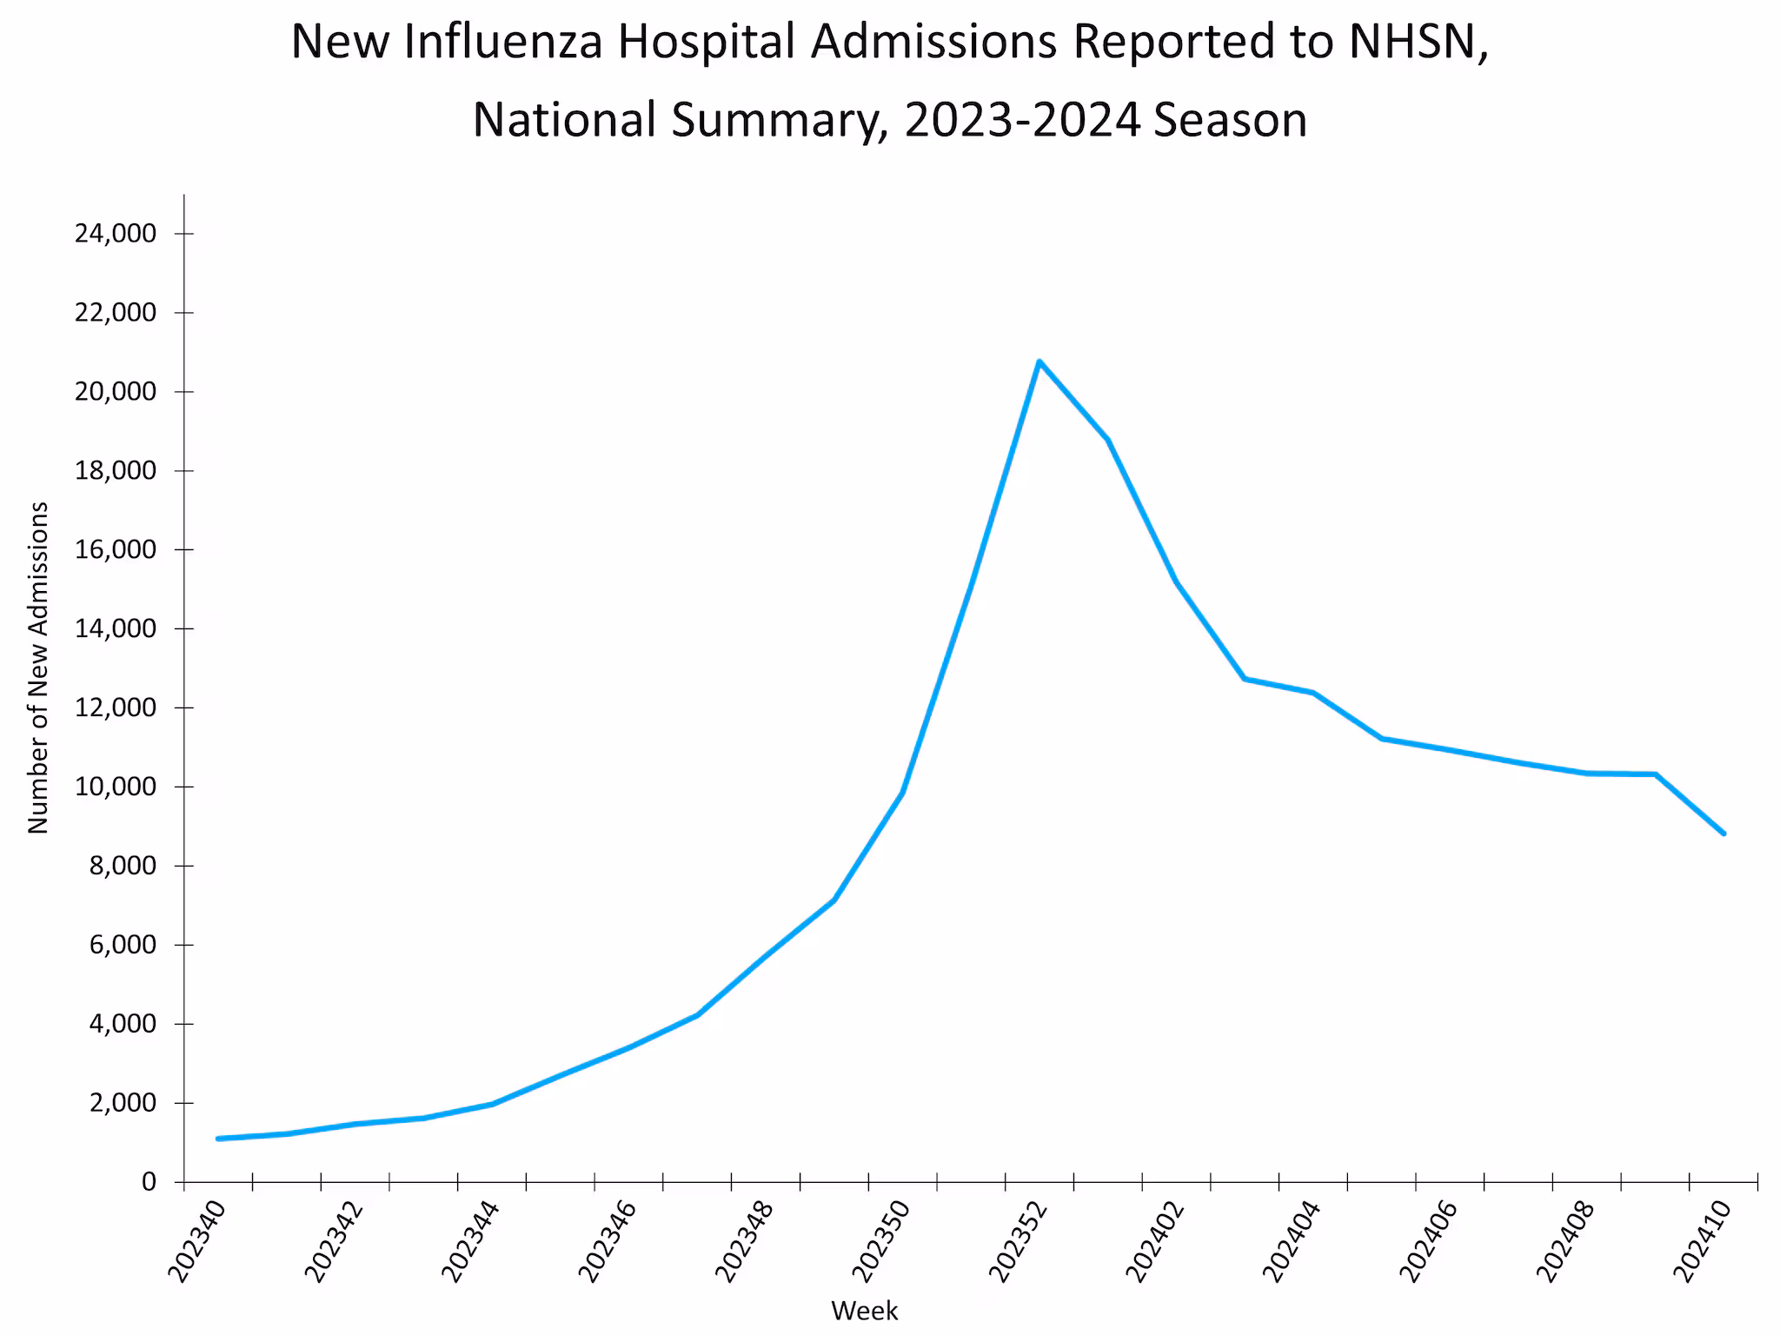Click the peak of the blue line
1039,361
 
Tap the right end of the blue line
1724,833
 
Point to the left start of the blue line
217,1139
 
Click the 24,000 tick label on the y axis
116,233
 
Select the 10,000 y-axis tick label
116,787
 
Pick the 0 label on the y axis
149,1182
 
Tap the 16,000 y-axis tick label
116,549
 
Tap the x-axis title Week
864,1310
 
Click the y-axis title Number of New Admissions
38,667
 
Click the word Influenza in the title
503,42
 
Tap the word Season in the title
1231,120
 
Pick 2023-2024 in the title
1021,120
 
